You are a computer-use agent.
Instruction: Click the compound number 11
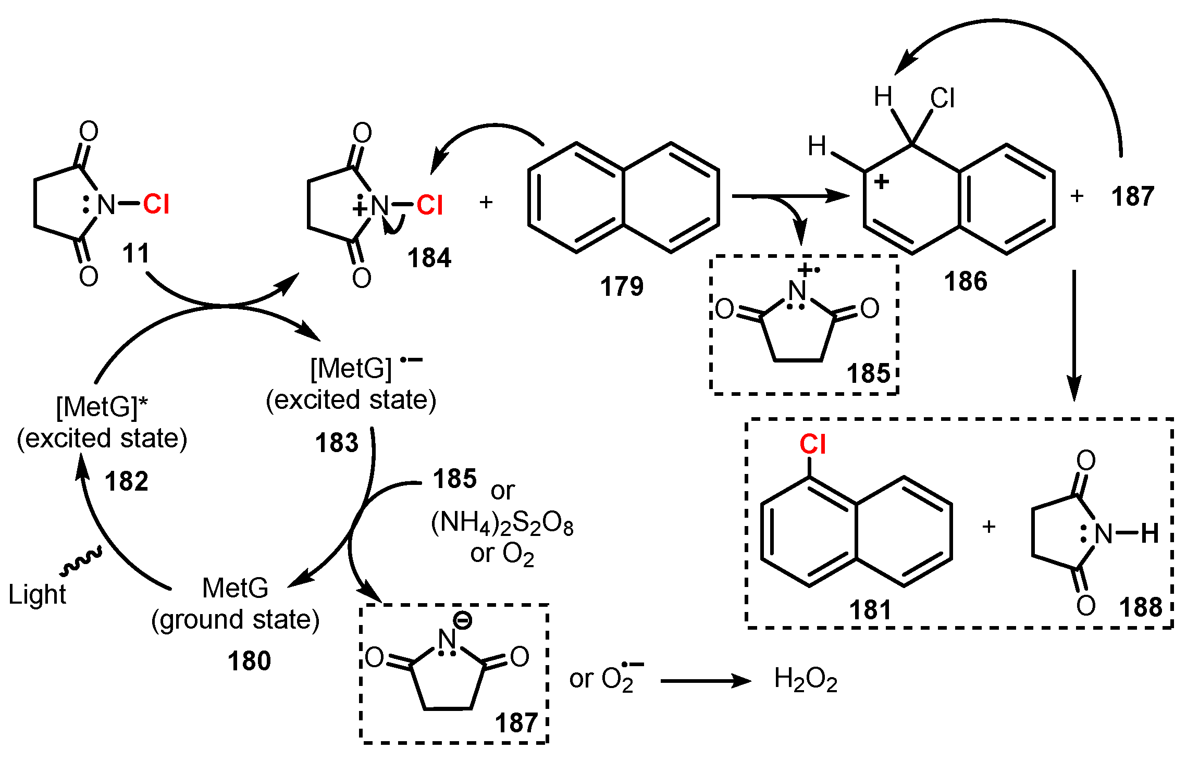(x=136, y=254)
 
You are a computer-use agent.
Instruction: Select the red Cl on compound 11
(x=156, y=204)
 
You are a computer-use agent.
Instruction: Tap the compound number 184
(x=429, y=258)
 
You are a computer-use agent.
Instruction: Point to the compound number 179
(x=622, y=286)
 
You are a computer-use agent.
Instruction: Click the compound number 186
(x=966, y=282)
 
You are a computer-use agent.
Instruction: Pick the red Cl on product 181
(x=812, y=445)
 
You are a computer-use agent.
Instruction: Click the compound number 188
(x=1141, y=607)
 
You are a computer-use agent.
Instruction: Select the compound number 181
(x=870, y=610)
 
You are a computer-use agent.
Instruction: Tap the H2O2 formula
(x=806, y=680)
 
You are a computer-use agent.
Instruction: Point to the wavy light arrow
(x=81, y=562)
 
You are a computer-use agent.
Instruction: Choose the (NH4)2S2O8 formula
(x=502, y=523)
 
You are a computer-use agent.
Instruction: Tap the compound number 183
(x=337, y=443)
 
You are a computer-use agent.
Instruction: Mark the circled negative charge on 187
(x=462, y=620)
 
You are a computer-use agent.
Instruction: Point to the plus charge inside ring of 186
(x=881, y=182)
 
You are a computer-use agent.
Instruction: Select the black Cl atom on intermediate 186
(x=942, y=98)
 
